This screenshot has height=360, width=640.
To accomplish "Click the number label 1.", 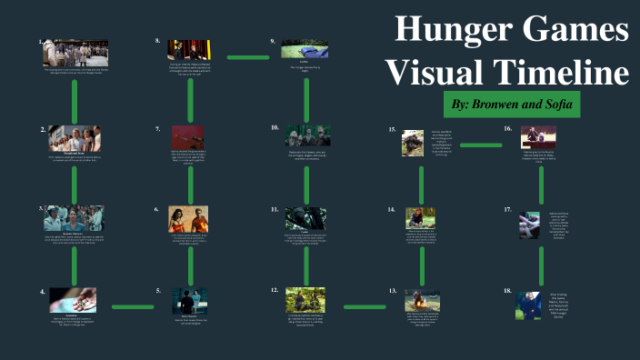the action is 41,41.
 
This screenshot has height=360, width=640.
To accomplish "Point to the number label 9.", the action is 273,41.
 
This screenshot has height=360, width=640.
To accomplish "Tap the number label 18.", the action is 507,292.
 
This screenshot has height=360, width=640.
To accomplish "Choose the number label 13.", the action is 393,292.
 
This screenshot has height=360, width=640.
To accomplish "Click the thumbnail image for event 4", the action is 74,299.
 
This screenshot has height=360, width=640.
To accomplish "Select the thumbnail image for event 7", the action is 187,135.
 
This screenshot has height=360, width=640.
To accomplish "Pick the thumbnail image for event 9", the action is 305,48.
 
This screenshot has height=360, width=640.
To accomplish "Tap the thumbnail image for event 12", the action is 305,300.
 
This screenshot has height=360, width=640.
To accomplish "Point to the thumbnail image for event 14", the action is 419,216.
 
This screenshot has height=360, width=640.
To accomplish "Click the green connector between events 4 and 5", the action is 132,307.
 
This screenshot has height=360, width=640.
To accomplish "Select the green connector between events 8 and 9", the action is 248,57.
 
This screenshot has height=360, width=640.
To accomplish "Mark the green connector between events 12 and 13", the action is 365,307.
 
